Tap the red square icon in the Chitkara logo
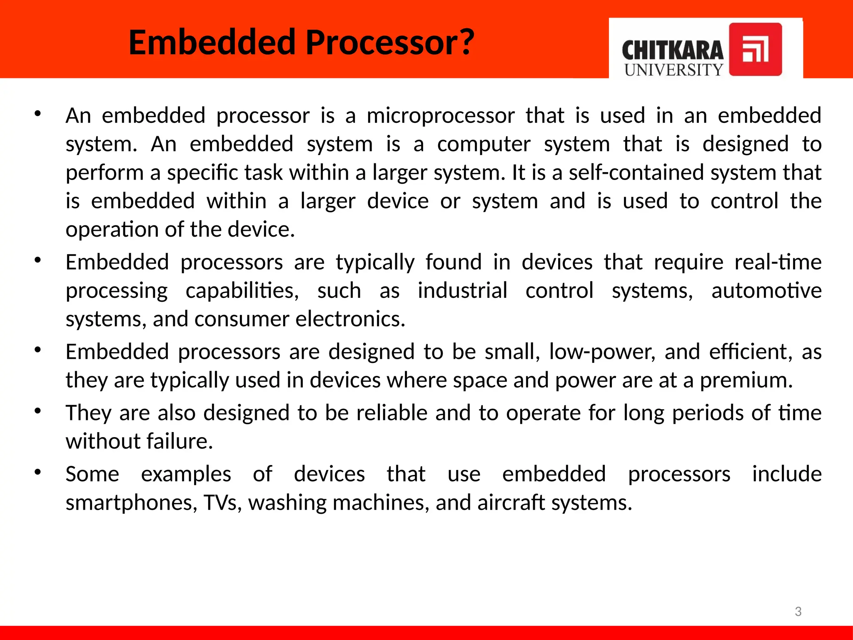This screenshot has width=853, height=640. click(x=755, y=50)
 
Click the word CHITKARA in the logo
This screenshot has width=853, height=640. click(x=672, y=51)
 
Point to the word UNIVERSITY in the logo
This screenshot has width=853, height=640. click(x=673, y=70)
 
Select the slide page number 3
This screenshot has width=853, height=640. click(x=798, y=612)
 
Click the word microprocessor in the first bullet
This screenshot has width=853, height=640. click(x=441, y=116)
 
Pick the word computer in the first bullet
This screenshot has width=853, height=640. click(x=484, y=145)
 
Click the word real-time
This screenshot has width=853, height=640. click(x=778, y=262)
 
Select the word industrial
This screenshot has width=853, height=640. click(x=462, y=291)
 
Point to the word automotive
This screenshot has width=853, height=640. click(x=766, y=291)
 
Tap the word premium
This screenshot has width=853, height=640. click(x=746, y=380)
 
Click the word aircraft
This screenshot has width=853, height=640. click(x=511, y=502)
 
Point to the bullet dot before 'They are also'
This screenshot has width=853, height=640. click(x=38, y=411)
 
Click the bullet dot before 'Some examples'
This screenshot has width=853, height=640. click(x=38, y=472)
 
